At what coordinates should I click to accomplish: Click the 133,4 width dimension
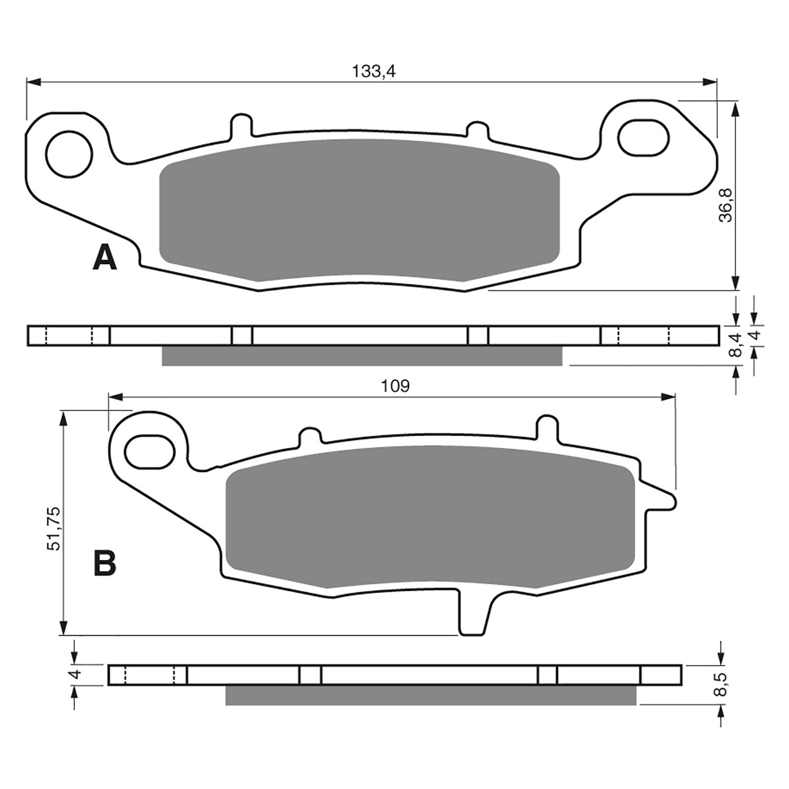tap(373, 72)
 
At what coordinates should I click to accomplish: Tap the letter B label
tap(105, 563)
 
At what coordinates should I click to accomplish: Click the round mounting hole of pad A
tap(69, 153)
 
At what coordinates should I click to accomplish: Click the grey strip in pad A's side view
tap(361, 356)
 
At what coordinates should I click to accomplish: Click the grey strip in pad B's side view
tap(430, 695)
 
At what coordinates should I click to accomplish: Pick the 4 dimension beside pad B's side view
tap(75, 674)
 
